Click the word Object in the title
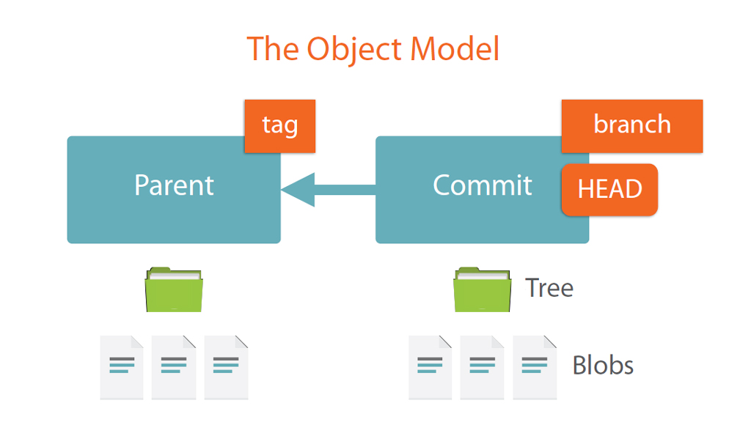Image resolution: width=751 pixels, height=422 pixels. pos(354,50)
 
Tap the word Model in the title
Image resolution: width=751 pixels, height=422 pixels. pos(455,49)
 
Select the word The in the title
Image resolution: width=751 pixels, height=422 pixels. pos(273,49)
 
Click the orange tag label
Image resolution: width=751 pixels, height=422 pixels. pos(279,126)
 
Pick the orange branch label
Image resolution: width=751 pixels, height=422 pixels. pos(632,126)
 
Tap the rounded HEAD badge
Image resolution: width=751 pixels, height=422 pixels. pos(609,190)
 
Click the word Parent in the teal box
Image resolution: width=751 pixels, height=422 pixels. pos(174,185)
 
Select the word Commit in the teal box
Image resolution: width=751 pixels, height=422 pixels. pos(483,185)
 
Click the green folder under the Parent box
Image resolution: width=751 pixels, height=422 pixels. pos(174,290)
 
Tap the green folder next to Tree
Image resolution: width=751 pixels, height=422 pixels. pos(483,290)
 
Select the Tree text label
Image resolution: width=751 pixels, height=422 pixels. pos(549,288)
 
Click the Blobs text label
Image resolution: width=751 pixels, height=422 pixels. pos(603,366)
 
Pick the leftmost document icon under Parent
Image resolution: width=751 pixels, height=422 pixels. pos(122,368)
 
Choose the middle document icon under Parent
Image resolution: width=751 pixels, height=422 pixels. pos(174,368)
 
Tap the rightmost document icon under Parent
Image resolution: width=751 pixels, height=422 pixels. pos(226,368)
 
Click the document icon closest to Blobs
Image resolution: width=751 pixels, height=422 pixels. pos(535,368)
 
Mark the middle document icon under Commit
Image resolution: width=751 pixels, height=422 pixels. pos(483,368)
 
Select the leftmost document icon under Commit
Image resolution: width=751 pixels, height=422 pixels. pos(430,368)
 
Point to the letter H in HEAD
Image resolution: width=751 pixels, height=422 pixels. pos(585,189)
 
